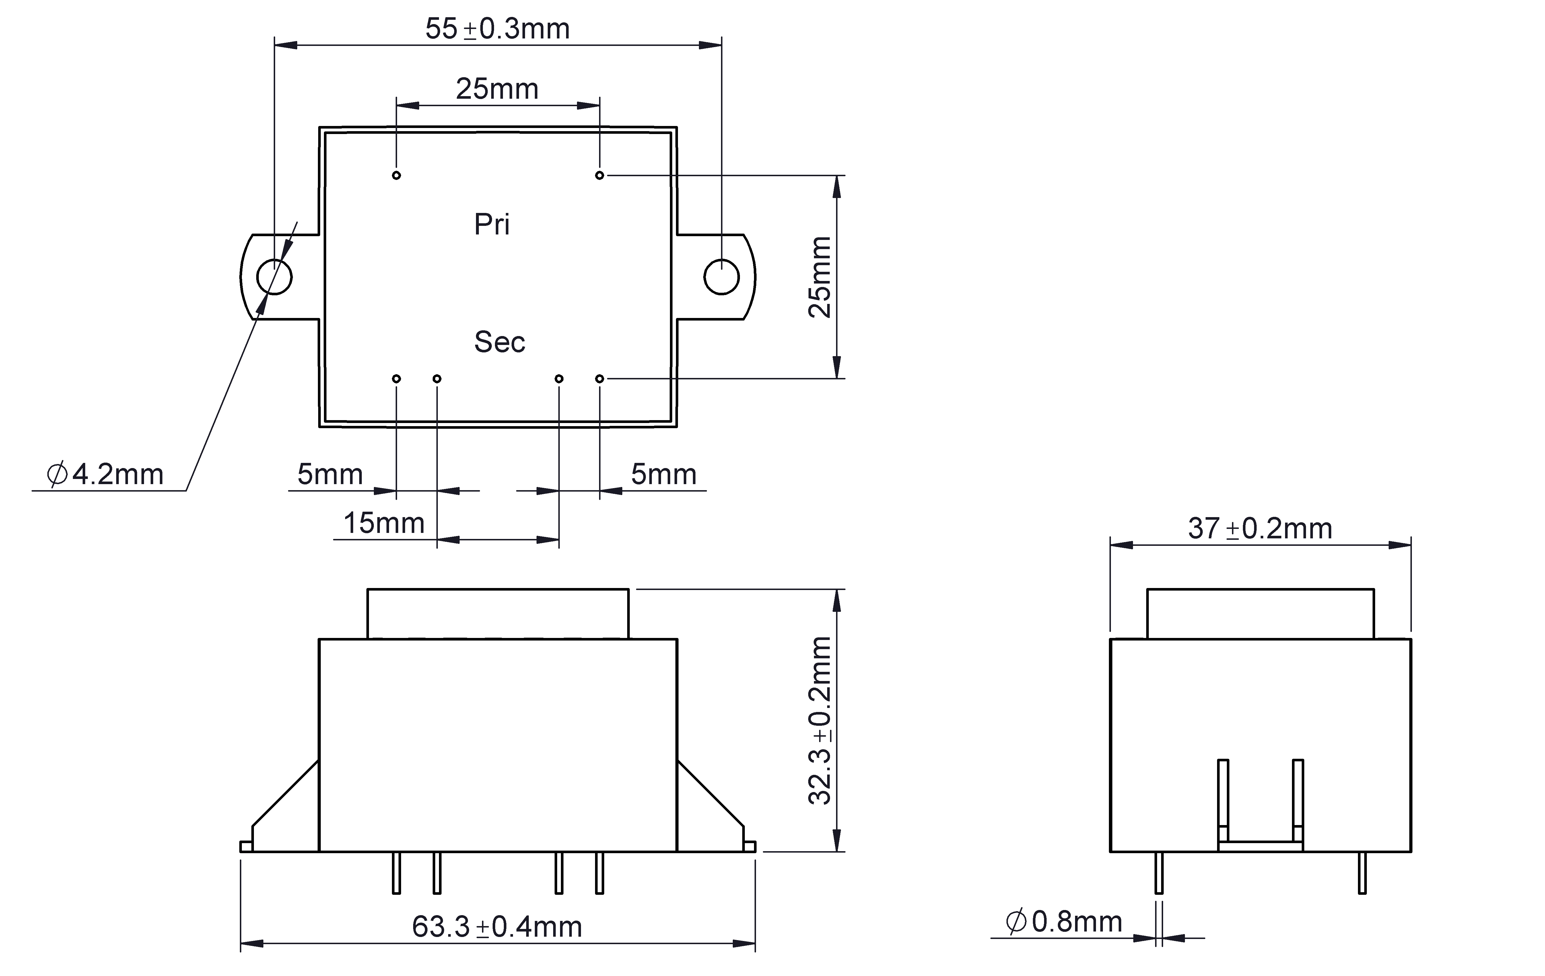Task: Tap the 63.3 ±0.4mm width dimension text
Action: (x=497, y=927)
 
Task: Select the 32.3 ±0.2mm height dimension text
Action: (x=820, y=721)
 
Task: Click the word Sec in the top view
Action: (x=500, y=342)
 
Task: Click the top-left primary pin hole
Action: (x=397, y=175)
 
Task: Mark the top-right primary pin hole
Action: (x=600, y=175)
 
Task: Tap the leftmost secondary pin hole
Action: (x=397, y=379)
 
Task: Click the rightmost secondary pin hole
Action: (x=600, y=379)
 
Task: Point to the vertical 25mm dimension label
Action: (x=820, y=277)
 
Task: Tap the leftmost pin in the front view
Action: (x=397, y=873)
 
